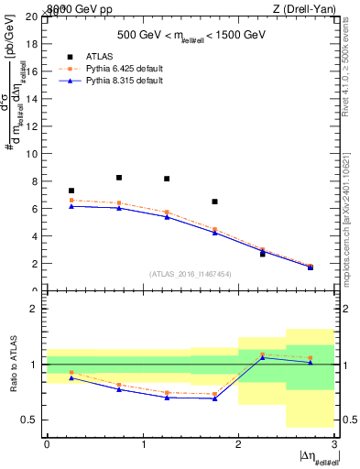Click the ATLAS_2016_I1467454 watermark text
(191, 273)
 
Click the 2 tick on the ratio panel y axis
(38, 309)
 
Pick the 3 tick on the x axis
(334, 444)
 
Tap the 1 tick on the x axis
(143, 444)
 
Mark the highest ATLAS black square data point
(119, 178)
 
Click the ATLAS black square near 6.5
(214, 202)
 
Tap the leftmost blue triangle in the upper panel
(71, 206)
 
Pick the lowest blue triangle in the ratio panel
(214, 398)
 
